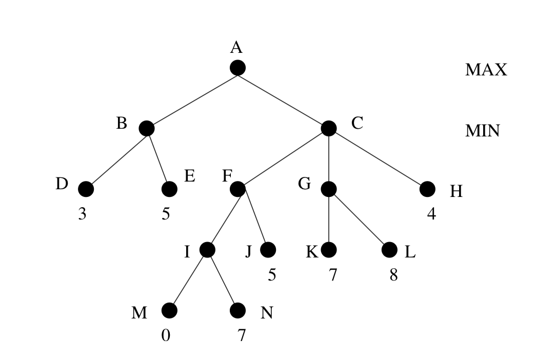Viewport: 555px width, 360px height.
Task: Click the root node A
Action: [x=237, y=67]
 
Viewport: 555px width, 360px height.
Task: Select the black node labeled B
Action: [x=146, y=128]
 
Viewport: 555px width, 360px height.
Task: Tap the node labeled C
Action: [x=328, y=128]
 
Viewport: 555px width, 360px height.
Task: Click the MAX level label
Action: [x=486, y=70]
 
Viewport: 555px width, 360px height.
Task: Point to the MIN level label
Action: [x=482, y=131]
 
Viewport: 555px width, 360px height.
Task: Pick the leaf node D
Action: [x=86, y=189]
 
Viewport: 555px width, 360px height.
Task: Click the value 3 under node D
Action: [x=82, y=214]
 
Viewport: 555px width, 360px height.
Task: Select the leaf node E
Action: [x=169, y=189]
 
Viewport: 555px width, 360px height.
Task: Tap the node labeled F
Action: [x=237, y=189]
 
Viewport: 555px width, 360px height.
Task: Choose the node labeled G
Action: [x=328, y=189]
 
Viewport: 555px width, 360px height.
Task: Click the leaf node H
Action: [x=427, y=189]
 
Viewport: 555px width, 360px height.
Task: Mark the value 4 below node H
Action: [x=431, y=214]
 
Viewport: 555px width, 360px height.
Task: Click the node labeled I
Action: [x=207, y=250]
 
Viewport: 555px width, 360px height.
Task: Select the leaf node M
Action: [x=169, y=310]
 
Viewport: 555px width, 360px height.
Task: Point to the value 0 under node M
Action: [x=165, y=335]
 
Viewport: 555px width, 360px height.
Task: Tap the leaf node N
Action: [x=237, y=310]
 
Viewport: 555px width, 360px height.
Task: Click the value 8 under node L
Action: [x=393, y=275]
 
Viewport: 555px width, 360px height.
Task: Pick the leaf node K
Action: [x=328, y=250]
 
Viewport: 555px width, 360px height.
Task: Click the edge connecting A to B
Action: [x=192, y=97]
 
